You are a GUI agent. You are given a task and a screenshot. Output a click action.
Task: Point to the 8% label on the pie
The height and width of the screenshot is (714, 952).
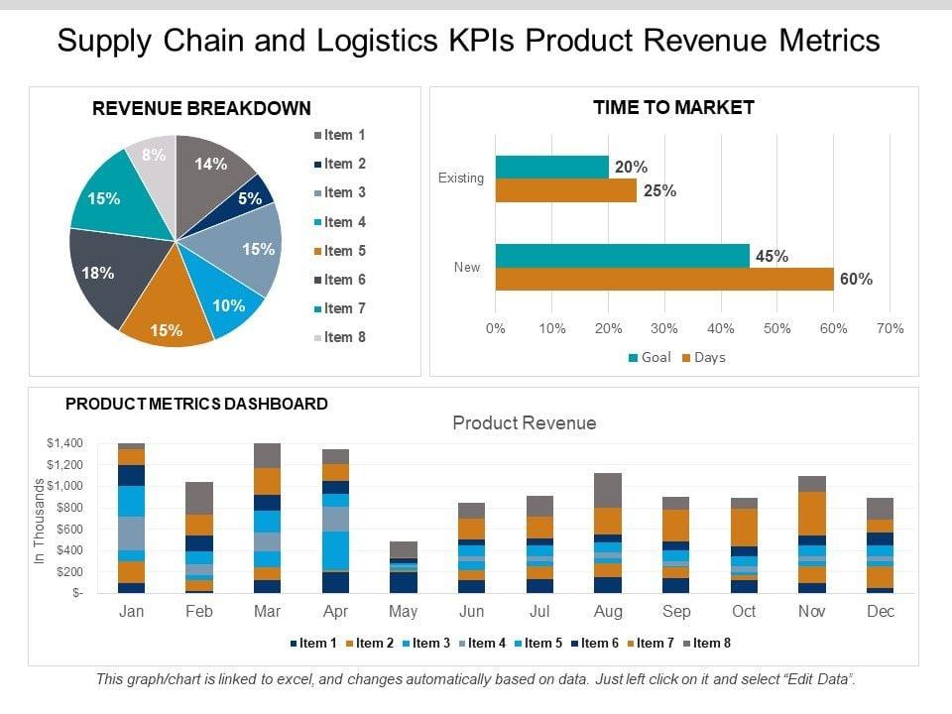[x=154, y=156]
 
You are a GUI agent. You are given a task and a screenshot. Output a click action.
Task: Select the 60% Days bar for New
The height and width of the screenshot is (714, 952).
[x=663, y=280]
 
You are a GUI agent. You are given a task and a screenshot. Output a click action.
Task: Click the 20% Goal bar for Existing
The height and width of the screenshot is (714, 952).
[x=551, y=167]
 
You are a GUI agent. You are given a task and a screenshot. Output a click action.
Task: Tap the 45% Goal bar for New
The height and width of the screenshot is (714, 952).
[x=622, y=256]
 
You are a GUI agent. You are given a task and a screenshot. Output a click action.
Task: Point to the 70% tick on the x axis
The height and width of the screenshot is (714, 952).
[x=891, y=328]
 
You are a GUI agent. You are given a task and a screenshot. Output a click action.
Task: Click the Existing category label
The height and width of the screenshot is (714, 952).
[x=460, y=178]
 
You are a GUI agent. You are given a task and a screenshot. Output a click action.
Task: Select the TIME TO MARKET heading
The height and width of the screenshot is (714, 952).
[x=673, y=107]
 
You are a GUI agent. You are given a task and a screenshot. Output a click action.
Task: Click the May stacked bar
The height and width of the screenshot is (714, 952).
[x=404, y=566]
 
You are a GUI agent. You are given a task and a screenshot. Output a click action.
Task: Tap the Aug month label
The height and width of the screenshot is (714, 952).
[x=608, y=612]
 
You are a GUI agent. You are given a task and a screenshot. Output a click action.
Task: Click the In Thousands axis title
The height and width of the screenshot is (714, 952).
[x=41, y=522]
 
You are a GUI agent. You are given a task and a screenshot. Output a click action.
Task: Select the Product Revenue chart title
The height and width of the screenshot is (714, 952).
[x=525, y=423]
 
